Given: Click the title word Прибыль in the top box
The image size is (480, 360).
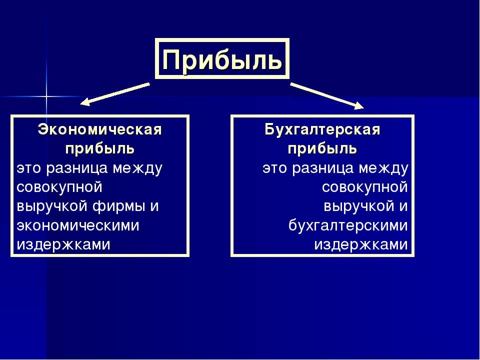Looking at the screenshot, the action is (x=222, y=59).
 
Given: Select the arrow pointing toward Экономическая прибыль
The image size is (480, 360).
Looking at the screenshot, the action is (x=115, y=94).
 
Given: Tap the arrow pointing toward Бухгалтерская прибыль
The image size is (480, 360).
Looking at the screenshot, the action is (x=327, y=95).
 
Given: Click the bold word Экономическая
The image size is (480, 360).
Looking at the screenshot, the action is (x=99, y=130).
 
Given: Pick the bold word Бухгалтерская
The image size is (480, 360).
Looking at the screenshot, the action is (x=322, y=130).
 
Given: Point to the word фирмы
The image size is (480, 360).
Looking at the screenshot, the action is (x=118, y=206).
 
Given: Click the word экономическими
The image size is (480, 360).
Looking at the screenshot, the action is (x=78, y=225).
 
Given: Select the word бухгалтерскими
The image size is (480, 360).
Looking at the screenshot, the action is (x=348, y=225).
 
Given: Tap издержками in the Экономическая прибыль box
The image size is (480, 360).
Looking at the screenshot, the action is (x=63, y=245).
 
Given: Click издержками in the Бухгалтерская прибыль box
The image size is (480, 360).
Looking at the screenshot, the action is (x=361, y=245).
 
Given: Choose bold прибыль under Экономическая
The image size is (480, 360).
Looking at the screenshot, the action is (x=100, y=149).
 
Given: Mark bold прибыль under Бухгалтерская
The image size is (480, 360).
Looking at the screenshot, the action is (x=322, y=149).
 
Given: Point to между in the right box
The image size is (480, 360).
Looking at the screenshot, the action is (x=383, y=168).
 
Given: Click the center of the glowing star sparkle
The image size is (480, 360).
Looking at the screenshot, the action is (x=46, y=96).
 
